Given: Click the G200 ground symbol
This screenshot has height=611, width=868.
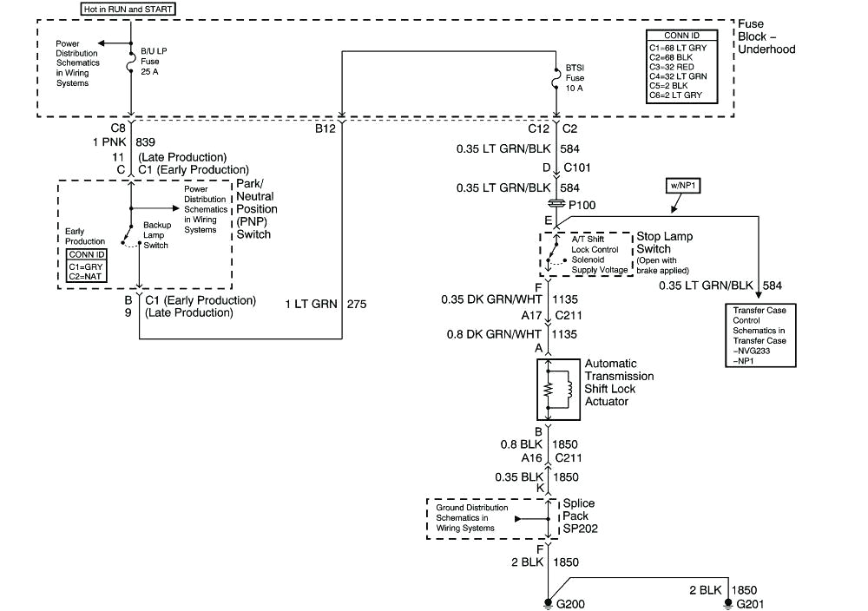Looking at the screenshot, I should pyautogui.click(x=549, y=602).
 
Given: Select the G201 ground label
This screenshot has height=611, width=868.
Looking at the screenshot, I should pyautogui.click(x=748, y=603).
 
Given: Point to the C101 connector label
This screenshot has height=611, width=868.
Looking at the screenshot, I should pyautogui.click(x=579, y=168).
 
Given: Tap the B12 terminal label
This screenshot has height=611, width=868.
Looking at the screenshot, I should pyautogui.click(x=327, y=129).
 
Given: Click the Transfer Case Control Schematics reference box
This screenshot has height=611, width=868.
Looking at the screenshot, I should pyautogui.click(x=758, y=335).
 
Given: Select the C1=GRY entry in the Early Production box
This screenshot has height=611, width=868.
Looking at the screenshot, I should pyautogui.click(x=86, y=266).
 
